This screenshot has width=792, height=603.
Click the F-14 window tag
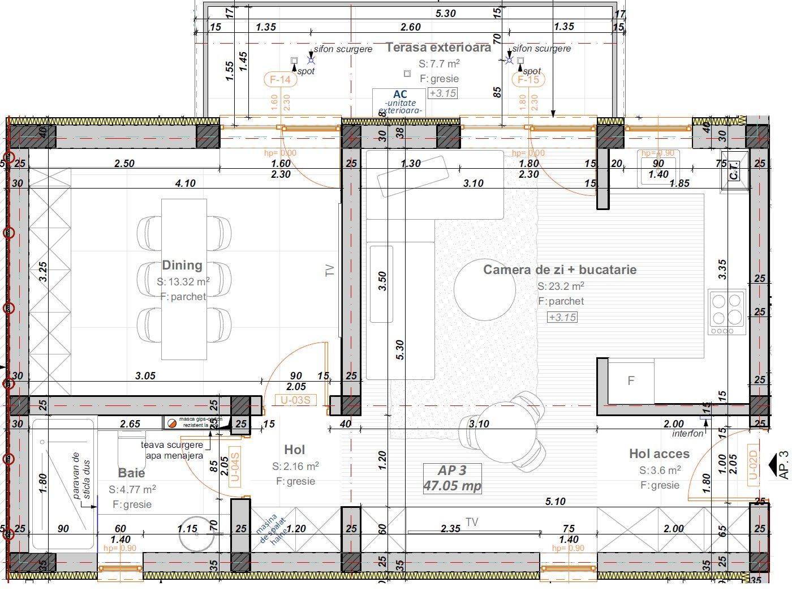pyautogui.click(x=280, y=80)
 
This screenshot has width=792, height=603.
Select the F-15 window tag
pyautogui.click(x=528, y=80)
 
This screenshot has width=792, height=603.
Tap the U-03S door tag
pyautogui.click(x=295, y=400)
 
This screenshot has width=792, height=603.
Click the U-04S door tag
pyautogui.click(x=235, y=466)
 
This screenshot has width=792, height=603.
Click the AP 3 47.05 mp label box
pyautogui.click(x=452, y=478)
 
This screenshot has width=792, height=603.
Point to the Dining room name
pyautogui.click(x=182, y=265)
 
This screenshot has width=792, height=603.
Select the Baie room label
pyautogui.click(x=131, y=473)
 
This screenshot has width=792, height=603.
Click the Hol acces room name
pyautogui.click(x=659, y=454)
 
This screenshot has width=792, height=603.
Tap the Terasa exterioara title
pyautogui.click(x=438, y=48)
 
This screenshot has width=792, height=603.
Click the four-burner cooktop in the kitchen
pyautogui.click(x=727, y=312)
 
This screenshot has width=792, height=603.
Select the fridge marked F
pyautogui.click(x=631, y=381)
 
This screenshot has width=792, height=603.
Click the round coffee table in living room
pyautogui.click(x=485, y=290)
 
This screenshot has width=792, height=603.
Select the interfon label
pyautogui.click(x=687, y=434)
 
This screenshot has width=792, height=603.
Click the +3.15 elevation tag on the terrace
pyautogui.click(x=442, y=93)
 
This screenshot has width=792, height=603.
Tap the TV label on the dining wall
pyautogui.click(x=330, y=271)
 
